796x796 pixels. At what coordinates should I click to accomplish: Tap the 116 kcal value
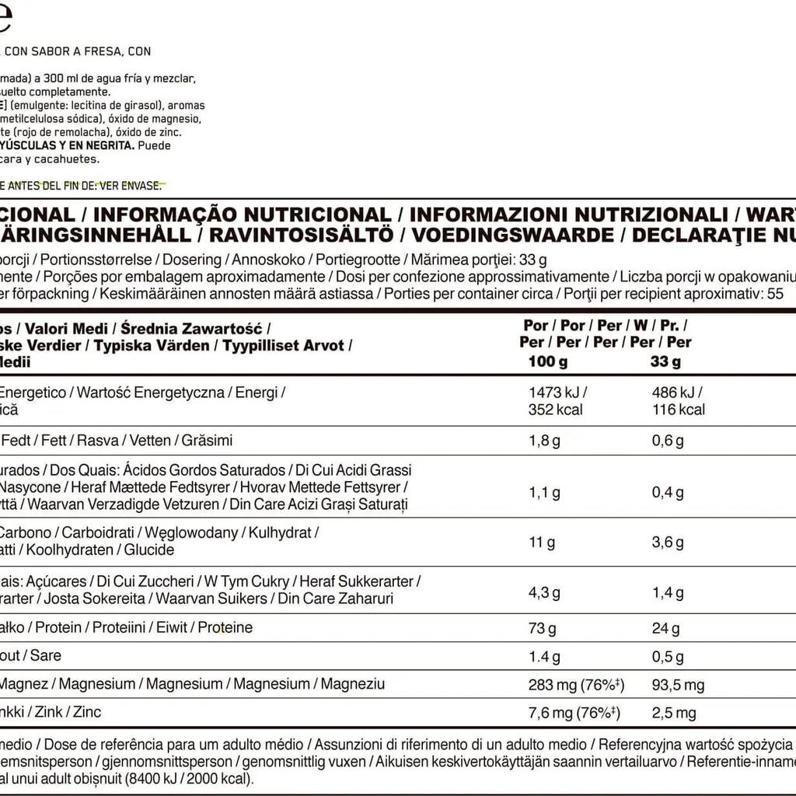pyautogui.click(x=678, y=410)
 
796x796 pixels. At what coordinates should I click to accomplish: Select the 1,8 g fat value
pyautogui.click(x=544, y=441)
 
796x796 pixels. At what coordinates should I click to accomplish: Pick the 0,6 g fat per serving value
pyautogui.click(x=668, y=441)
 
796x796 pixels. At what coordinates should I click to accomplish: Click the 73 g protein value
pyautogui.click(x=543, y=628)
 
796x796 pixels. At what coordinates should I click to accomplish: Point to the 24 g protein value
pyautogui.click(x=665, y=628)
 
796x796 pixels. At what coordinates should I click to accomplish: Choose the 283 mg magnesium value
pyautogui.click(x=552, y=685)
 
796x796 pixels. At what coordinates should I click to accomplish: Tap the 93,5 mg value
pyautogui.click(x=678, y=685)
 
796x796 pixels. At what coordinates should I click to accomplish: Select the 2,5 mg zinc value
pyautogui.click(x=674, y=713)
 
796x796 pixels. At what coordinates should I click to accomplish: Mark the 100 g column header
pyautogui.click(x=547, y=361)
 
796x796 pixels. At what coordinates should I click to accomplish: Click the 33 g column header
pyautogui.click(x=665, y=361)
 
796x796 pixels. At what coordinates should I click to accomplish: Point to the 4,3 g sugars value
pyautogui.click(x=544, y=592)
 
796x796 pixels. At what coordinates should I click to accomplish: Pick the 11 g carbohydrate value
pyautogui.click(x=542, y=542)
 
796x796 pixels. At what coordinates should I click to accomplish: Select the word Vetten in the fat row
pyautogui.click(x=150, y=441)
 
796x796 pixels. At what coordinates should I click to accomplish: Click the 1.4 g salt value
pyautogui.click(x=544, y=657)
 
